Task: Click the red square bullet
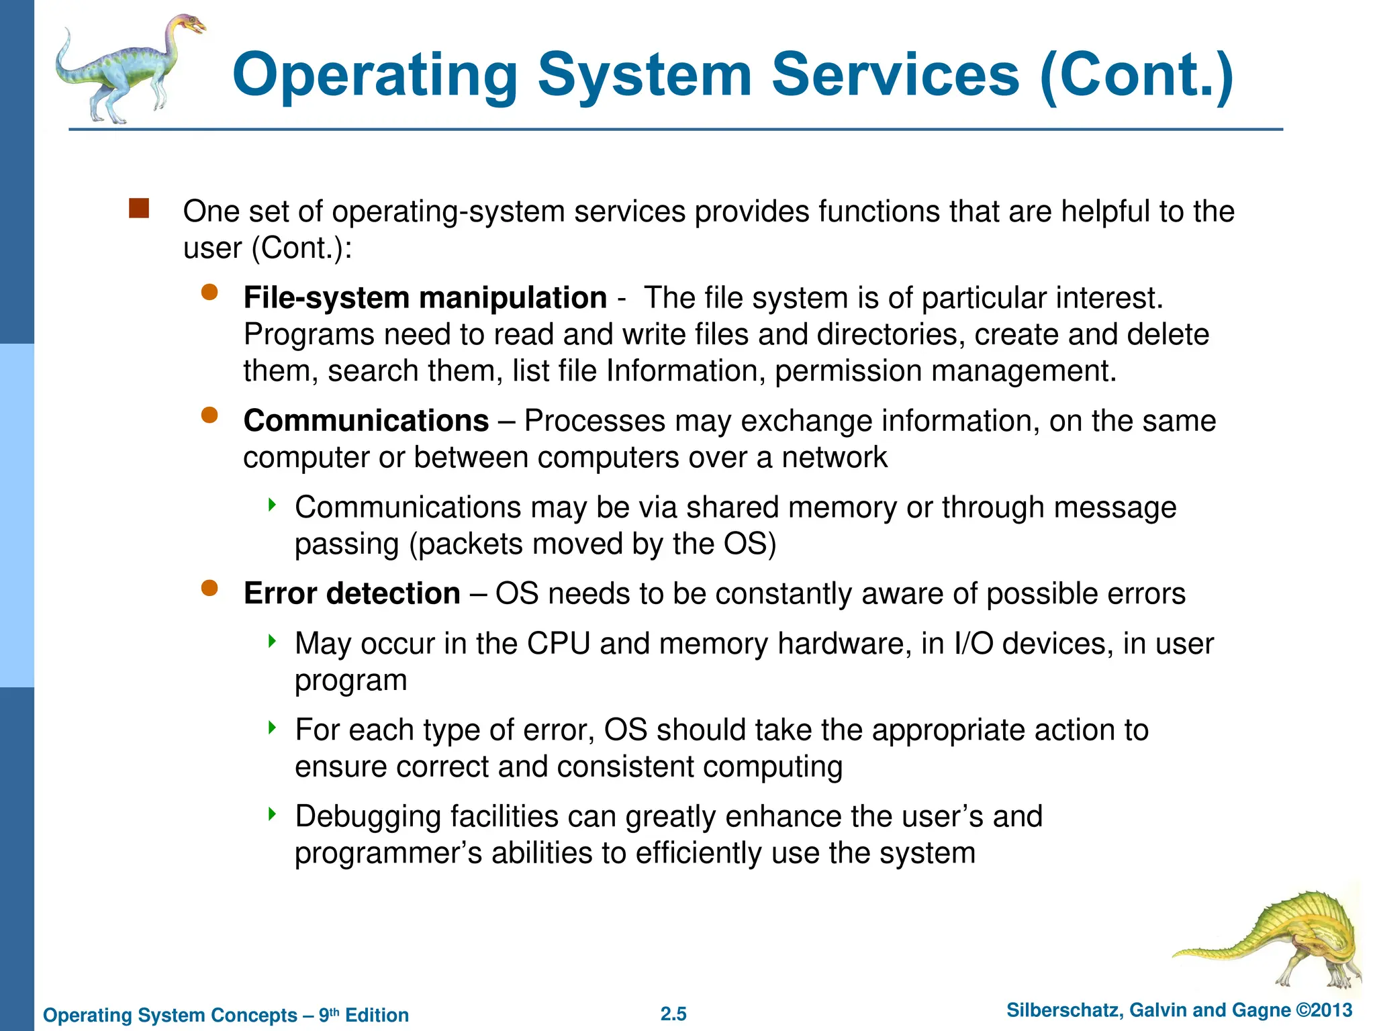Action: [x=139, y=208]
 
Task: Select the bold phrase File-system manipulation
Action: [x=425, y=298]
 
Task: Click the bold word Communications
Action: [x=366, y=421]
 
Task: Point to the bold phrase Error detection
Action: [x=352, y=593]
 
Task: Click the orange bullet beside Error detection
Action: [x=209, y=589]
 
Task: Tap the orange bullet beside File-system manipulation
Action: [x=209, y=292]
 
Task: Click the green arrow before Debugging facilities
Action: [x=272, y=814]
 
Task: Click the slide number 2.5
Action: [x=673, y=1014]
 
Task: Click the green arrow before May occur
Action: [x=272, y=641]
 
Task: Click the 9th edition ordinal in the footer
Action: [x=329, y=1014]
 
